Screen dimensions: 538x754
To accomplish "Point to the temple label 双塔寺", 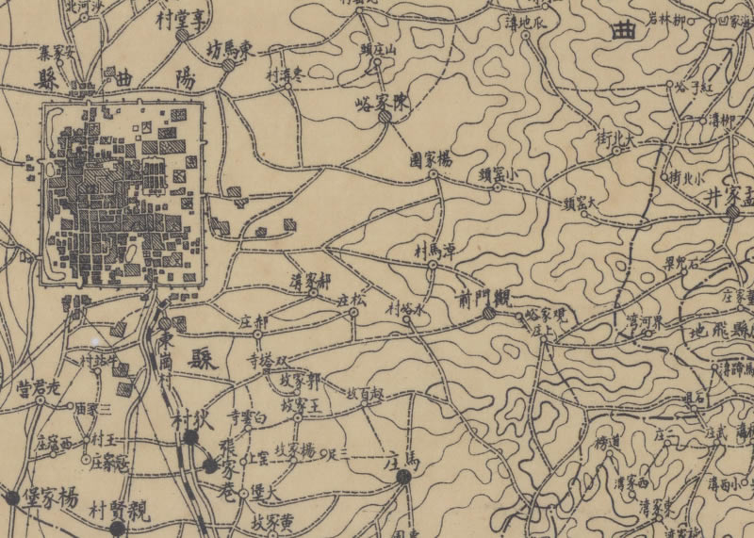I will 270,359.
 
